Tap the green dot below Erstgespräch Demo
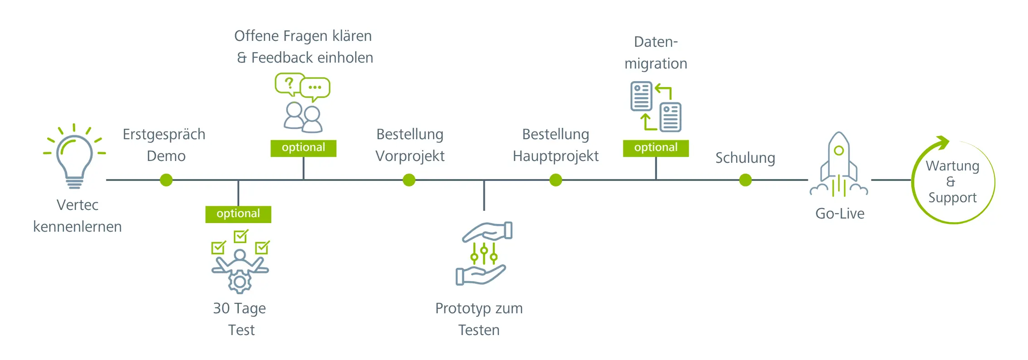coord(166,180)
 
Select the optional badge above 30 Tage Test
coord(238,214)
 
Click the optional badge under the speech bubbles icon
coord(303,148)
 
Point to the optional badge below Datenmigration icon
coord(655,148)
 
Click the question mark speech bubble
coord(289,83)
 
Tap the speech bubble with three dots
coord(315,88)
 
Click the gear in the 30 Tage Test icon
coord(240,282)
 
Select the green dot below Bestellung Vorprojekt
coord(409,180)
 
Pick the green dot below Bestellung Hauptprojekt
coord(556,180)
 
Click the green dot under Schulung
coord(745,180)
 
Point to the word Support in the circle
coord(952,198)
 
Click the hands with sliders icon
coord(483,253)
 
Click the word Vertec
coord(78,205)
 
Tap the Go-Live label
coord(839,214)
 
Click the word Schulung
coord(745,158)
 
